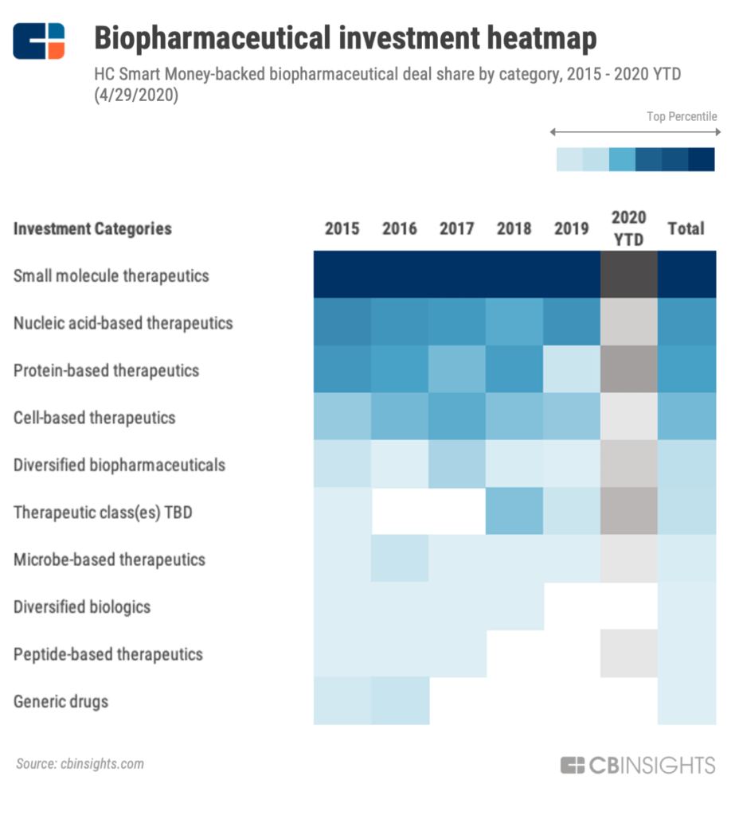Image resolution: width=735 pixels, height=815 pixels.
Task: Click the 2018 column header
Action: [x=514, y=229]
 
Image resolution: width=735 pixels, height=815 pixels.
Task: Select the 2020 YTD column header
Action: [x=629, y=228]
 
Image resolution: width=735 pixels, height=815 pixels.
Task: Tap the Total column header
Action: [x=686, y=229]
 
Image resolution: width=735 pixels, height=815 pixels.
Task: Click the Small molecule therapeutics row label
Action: [x=111, y=276]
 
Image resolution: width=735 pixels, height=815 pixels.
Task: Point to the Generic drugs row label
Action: [x=61, y=702]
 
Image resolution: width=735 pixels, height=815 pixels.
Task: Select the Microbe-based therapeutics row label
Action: [x=109, y=560]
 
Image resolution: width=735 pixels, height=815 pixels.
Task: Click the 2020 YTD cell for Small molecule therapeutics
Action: [x=629, y=275]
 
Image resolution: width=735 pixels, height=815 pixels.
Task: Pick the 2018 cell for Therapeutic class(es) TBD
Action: [x=514, y=512]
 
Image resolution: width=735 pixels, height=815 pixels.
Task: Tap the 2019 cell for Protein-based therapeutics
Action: [x=572, y=370]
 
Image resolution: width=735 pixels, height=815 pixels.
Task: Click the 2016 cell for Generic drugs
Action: [x=400, y=701]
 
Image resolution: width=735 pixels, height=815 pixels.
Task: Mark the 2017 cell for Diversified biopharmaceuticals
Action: [x=457, y=465]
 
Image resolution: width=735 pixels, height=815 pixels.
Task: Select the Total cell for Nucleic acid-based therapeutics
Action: [x=686, y=322]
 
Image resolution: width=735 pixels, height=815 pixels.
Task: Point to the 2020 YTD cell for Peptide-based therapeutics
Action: [x=629, y=654]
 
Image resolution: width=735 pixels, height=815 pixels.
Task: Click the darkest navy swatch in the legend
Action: [x=702, y=159]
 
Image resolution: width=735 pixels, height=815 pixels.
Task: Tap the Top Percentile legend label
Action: [x=682, y=117]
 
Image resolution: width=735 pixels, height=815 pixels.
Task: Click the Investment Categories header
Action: [x=92, y=229]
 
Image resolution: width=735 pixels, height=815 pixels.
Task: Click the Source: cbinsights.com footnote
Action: [x=80, y=764]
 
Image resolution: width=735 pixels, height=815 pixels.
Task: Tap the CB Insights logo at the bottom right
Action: [x=638, y=766]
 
